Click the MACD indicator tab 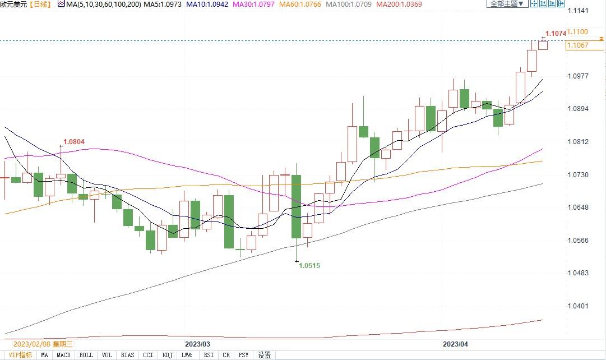tap(64, 355)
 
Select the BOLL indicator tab tap(86, 355)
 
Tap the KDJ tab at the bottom tap(167, 355)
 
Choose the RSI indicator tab tap(209, 355)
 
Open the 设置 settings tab tap(265, 355)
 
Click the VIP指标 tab tap(21, 355)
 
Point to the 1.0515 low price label tap(309, 266)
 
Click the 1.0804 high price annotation tap(74, 142)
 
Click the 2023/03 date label tap(197, 343)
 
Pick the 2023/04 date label tap(455, 343)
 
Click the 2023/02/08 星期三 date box tap(43, 344)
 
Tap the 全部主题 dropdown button tap(507, 4)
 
